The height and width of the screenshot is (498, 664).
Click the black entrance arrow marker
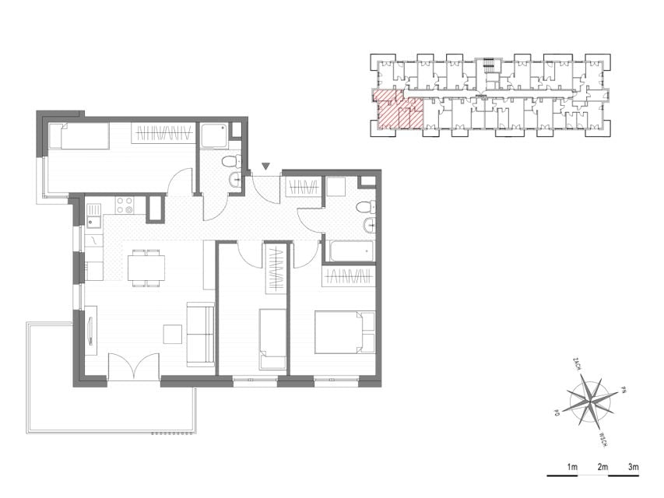[x=265, y=167]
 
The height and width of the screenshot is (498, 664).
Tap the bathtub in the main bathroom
[x=352, y=251]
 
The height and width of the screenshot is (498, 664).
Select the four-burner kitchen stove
[x=125, y=205]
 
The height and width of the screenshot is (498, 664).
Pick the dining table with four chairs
[x=146, y=268]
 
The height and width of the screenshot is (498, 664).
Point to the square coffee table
[x=173, y=334]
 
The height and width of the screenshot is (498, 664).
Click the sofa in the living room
[x=201, y=334]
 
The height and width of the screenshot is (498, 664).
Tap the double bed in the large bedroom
[x=345, y=332]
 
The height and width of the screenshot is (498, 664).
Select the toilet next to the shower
[x=231, y=162]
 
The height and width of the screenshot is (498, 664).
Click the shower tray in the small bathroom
[x=214, y=135]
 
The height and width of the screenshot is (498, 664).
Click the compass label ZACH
[x=577, y=363]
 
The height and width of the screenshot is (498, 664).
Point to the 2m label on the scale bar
[x=603, y=468]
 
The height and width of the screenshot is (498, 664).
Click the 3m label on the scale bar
[x=633, y=468]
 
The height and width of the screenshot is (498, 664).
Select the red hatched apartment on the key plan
[x=398, y=109]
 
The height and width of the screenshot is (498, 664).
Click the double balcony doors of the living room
[x=134, y=366]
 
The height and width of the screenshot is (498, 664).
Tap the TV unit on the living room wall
[x=91, y=331]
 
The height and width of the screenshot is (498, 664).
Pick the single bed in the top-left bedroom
[x=79, y=135]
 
